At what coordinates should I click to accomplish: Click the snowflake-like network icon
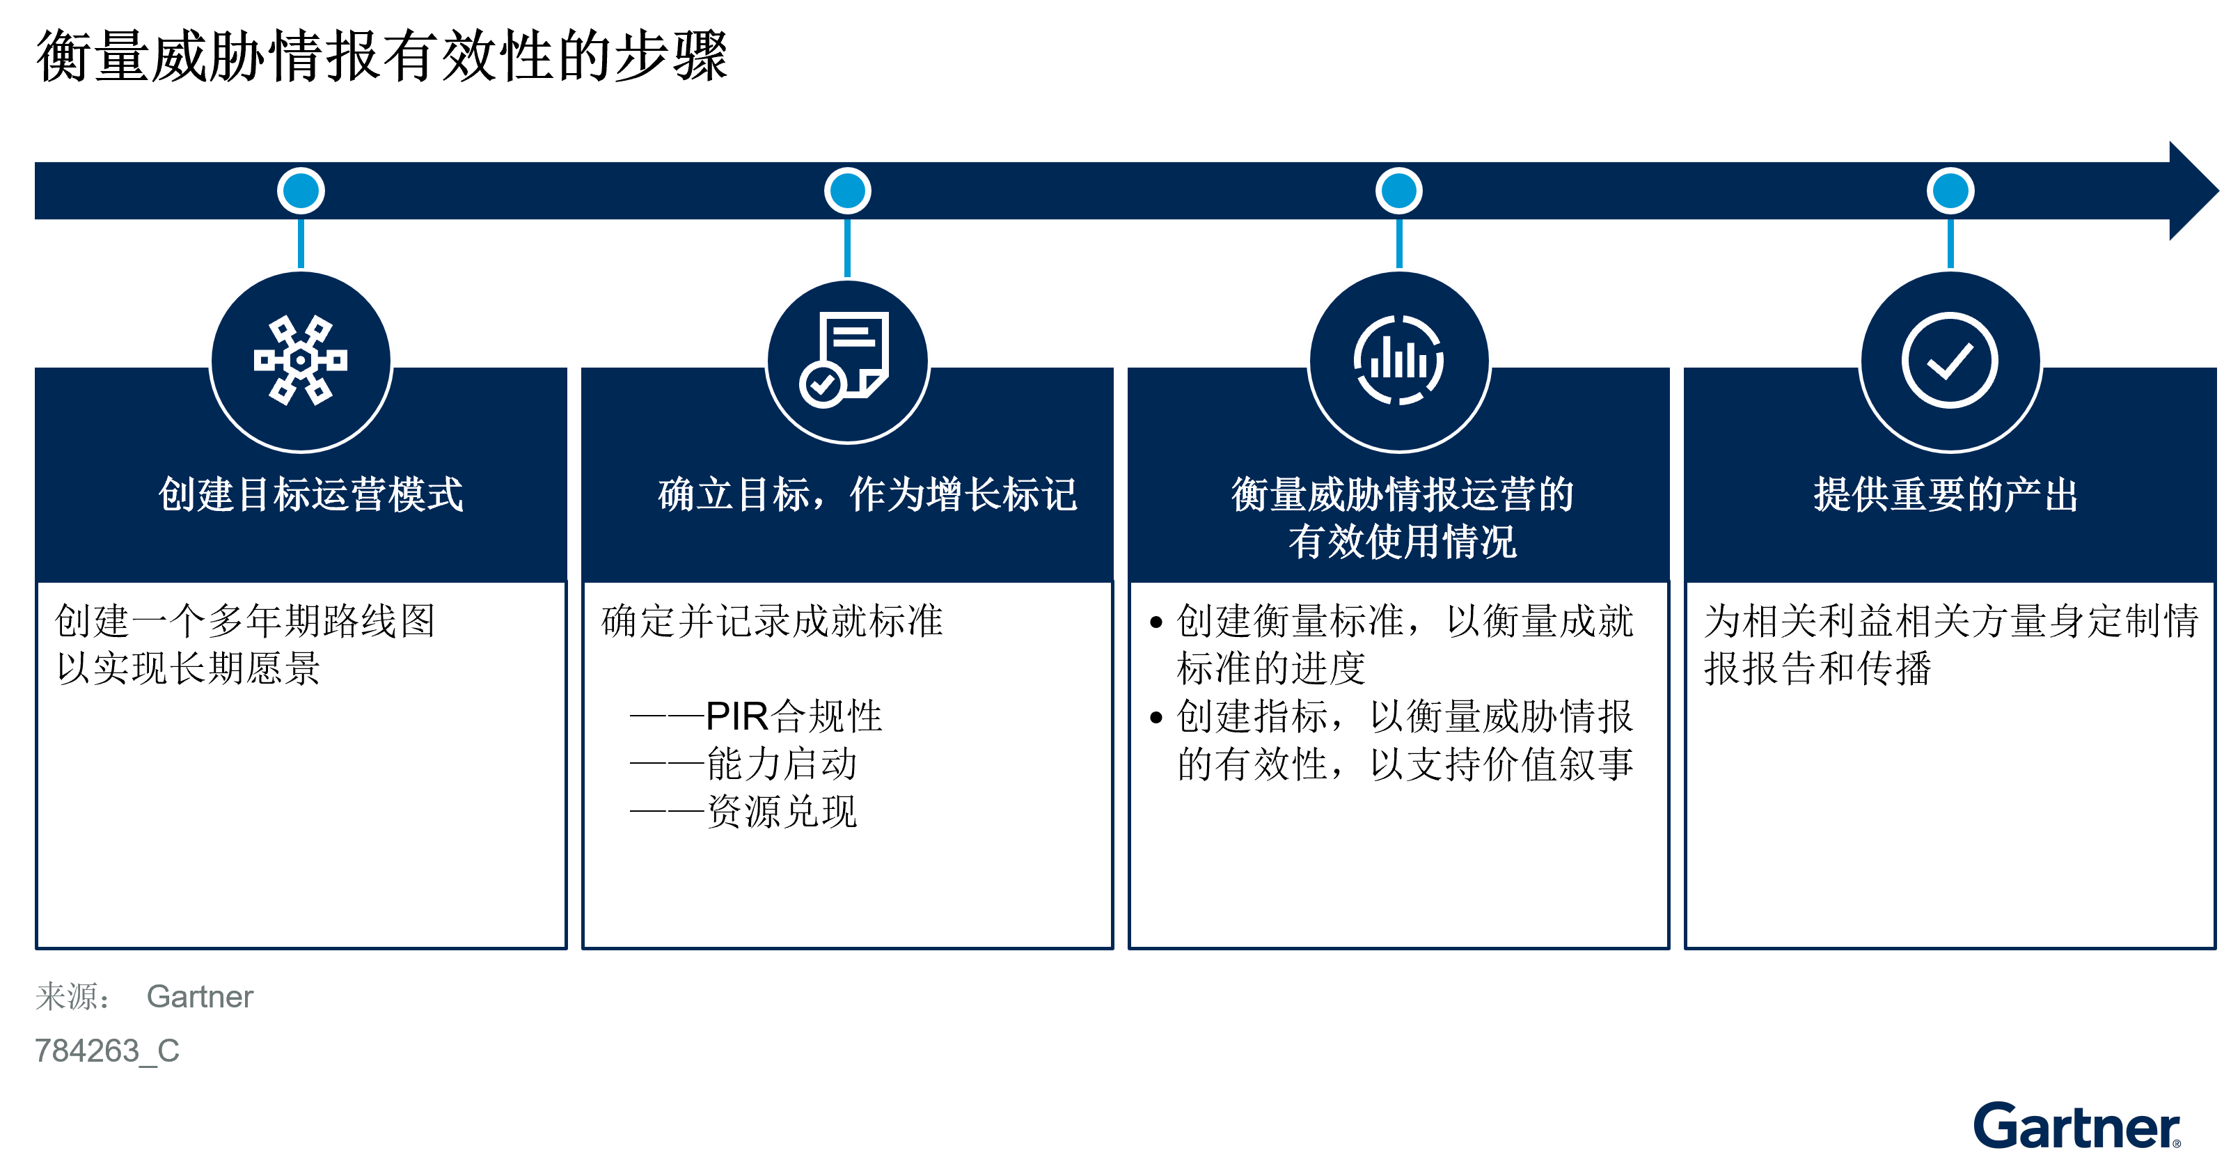301,360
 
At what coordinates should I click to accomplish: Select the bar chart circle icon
1398,360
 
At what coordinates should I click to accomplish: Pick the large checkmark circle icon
1950,360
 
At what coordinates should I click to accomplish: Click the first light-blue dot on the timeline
301,191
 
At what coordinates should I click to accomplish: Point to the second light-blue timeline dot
847,191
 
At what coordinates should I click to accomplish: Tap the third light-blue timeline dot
1398,191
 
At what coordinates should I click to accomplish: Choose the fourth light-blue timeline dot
1950,191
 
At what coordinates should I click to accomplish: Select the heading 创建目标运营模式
311,495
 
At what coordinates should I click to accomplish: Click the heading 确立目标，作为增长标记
867,495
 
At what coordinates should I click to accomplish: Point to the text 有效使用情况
1402,542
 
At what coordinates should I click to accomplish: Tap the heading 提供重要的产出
1945,495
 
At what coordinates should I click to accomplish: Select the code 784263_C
107,1051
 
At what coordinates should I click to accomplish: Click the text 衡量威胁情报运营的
1402,495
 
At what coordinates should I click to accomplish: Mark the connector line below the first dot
301,244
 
